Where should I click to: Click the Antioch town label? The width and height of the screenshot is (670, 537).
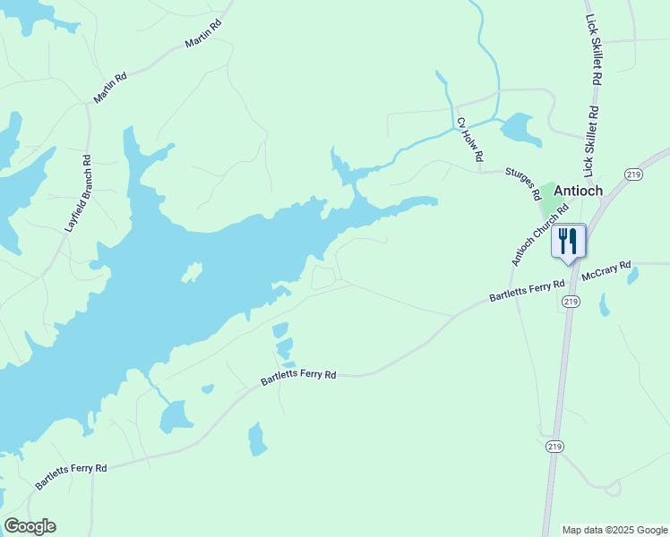click(x=583, y=190)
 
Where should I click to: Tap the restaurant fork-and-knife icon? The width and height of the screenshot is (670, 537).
click(x=567, y=241)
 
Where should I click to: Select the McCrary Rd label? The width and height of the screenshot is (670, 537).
click(x=606, y=270)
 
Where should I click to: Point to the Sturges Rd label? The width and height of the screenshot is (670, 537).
click(x=524, y=182)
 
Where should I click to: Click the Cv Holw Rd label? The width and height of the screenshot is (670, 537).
click(x=469, y=139)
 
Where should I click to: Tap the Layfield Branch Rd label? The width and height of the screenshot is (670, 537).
click(x=79, y=194)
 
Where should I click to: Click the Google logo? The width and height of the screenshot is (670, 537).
click(x=30, y=526)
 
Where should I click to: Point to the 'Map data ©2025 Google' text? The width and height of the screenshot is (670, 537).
click(x=615, y=530)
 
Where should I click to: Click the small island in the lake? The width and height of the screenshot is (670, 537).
click(x=193, y=271)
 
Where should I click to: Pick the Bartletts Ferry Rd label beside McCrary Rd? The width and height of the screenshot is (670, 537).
click(x=527, y=291)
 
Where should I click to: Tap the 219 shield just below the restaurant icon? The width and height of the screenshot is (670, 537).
click(x=571, y=303)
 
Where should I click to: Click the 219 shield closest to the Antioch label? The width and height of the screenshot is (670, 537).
click(x=633, y=174)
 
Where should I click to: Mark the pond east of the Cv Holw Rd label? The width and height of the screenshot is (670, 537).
click(x=520, y=129)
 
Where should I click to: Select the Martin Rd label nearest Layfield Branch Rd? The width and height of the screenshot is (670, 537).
click(x=110, y=88)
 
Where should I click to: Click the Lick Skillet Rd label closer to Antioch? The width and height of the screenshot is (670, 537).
click(x=591, y=141)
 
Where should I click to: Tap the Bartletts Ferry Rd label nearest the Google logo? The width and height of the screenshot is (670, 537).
click(x=71, y=475)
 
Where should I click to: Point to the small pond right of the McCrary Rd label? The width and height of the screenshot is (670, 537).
click(x=634, y=276)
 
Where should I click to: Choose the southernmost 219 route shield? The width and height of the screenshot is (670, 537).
click(x=553, y=446)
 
